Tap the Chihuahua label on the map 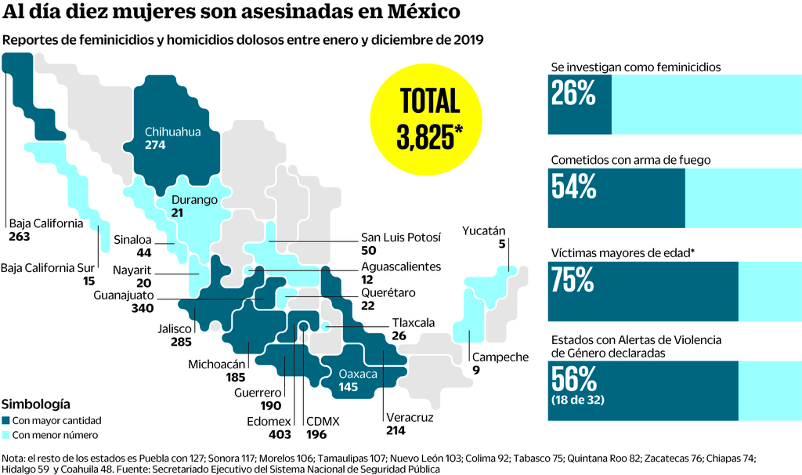(172, 132)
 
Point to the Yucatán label (484, 230)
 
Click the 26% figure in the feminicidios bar (573, 94)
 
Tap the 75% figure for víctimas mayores (573, 280)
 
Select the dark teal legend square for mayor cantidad (7, 421)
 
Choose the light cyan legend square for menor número (7, 435)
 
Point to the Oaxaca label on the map (358, 374)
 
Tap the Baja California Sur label (48, 267)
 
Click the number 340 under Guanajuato (142, 308)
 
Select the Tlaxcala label (412, 322)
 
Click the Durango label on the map (194, 200)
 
